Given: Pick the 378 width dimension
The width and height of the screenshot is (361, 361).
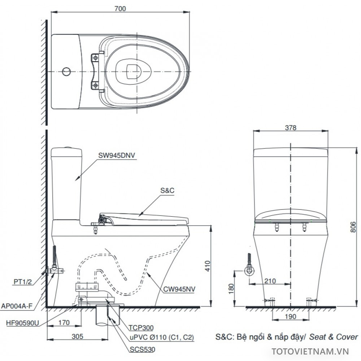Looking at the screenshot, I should tap(290, 127).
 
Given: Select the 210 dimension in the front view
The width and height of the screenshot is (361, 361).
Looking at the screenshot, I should tap(270, 280).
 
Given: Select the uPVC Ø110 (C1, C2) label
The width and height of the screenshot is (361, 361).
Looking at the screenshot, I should tap(161, 338).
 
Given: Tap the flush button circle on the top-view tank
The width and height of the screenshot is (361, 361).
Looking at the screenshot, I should tap(66, 71).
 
